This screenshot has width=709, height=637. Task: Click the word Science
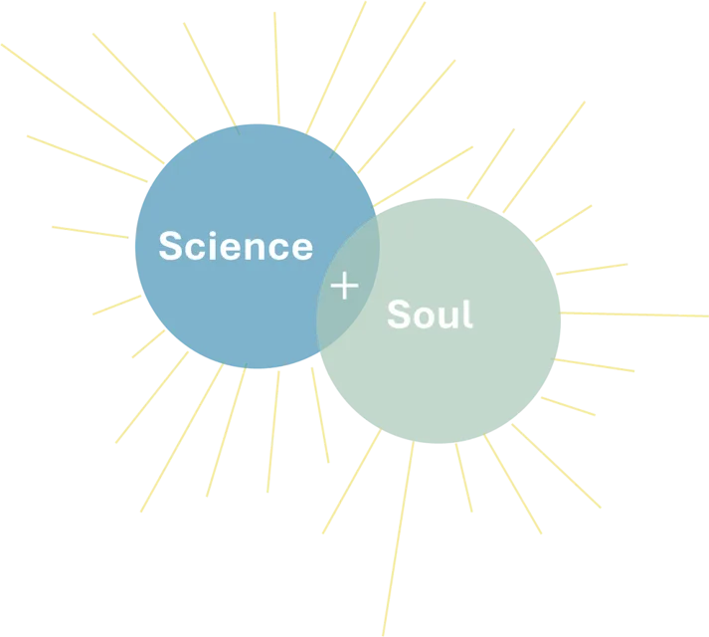click(x=235, y=246)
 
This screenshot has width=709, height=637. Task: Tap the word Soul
click(x=430, y=315)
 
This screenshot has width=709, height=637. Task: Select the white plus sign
click(x=344, y=287)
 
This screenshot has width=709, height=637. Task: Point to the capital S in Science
click(x=171, y=246)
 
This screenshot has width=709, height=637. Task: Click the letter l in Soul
click(x=467, y=314)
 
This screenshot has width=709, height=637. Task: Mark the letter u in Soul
click(x=448, y=317)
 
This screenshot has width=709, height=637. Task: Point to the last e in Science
click(x=301, y=248)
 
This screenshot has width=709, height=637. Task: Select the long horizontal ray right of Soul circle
click(x=636, y=315)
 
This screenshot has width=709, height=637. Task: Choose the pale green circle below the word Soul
click(x=438, y=388)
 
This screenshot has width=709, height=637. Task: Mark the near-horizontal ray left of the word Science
click(x=89, y=231)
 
